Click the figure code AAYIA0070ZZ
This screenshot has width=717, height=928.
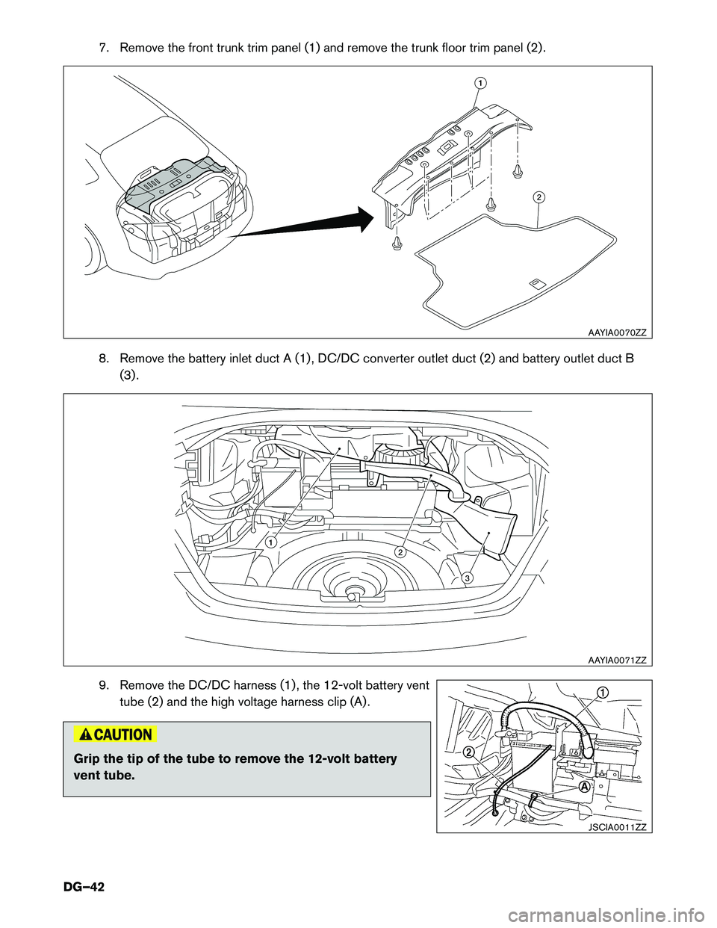click(x=616, y=332)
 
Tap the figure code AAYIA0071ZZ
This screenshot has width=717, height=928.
click(x=616, y=659)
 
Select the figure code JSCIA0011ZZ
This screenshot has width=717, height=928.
click(x=616, y=826)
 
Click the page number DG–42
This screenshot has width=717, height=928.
click(x=84, y=887)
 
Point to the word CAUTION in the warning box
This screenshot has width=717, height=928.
click(x=123, y=734)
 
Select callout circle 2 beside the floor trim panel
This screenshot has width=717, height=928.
click(x=538, y=197)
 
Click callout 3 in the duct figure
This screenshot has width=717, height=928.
click(x=466, y=578)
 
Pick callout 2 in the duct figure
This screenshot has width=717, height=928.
click(x=400, y=552)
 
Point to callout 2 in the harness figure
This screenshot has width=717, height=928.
click(x=468, y=752)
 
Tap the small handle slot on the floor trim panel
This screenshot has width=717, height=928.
click(x=537, y=283)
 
